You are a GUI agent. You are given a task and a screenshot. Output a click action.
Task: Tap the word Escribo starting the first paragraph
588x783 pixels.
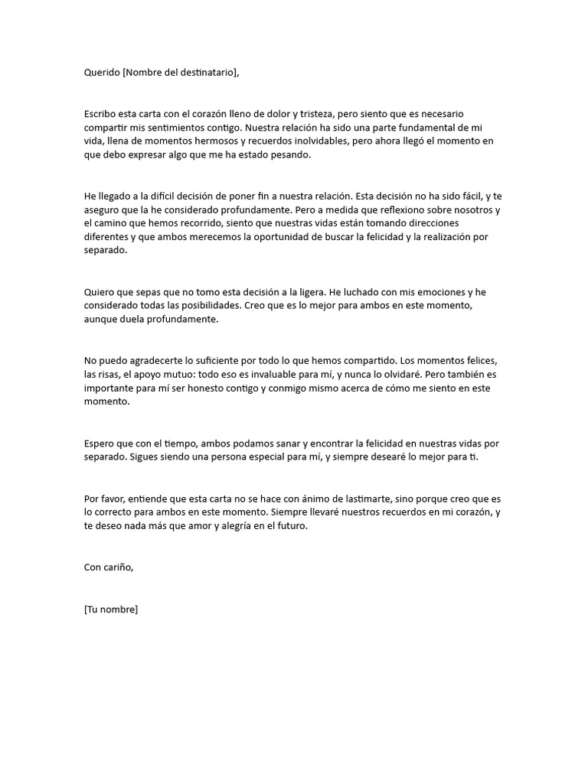(102, 113)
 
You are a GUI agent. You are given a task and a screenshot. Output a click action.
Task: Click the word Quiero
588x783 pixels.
(100, 292)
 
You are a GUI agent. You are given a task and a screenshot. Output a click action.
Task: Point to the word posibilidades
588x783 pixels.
(200, 306)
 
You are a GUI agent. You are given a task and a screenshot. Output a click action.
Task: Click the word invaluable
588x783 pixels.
(267, 375)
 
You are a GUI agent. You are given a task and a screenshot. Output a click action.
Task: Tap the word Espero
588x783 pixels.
(100, 443)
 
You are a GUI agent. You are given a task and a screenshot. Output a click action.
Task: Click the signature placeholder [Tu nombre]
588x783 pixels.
(111, 609)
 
